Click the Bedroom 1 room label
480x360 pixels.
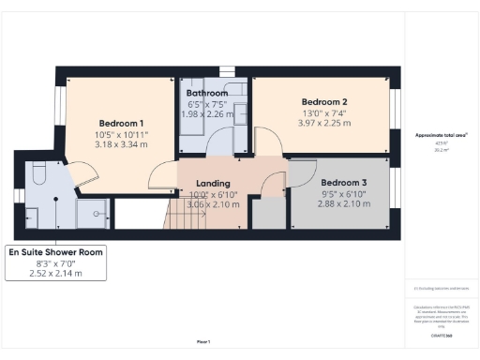122,123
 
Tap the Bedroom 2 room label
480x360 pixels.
324,101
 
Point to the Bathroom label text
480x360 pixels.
206,94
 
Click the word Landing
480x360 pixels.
213,183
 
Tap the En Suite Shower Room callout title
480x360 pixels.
55,253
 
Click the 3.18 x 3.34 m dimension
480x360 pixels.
122,146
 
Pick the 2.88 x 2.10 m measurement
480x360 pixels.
343,203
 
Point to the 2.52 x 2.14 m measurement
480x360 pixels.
55,275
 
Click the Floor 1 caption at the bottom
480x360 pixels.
203,340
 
